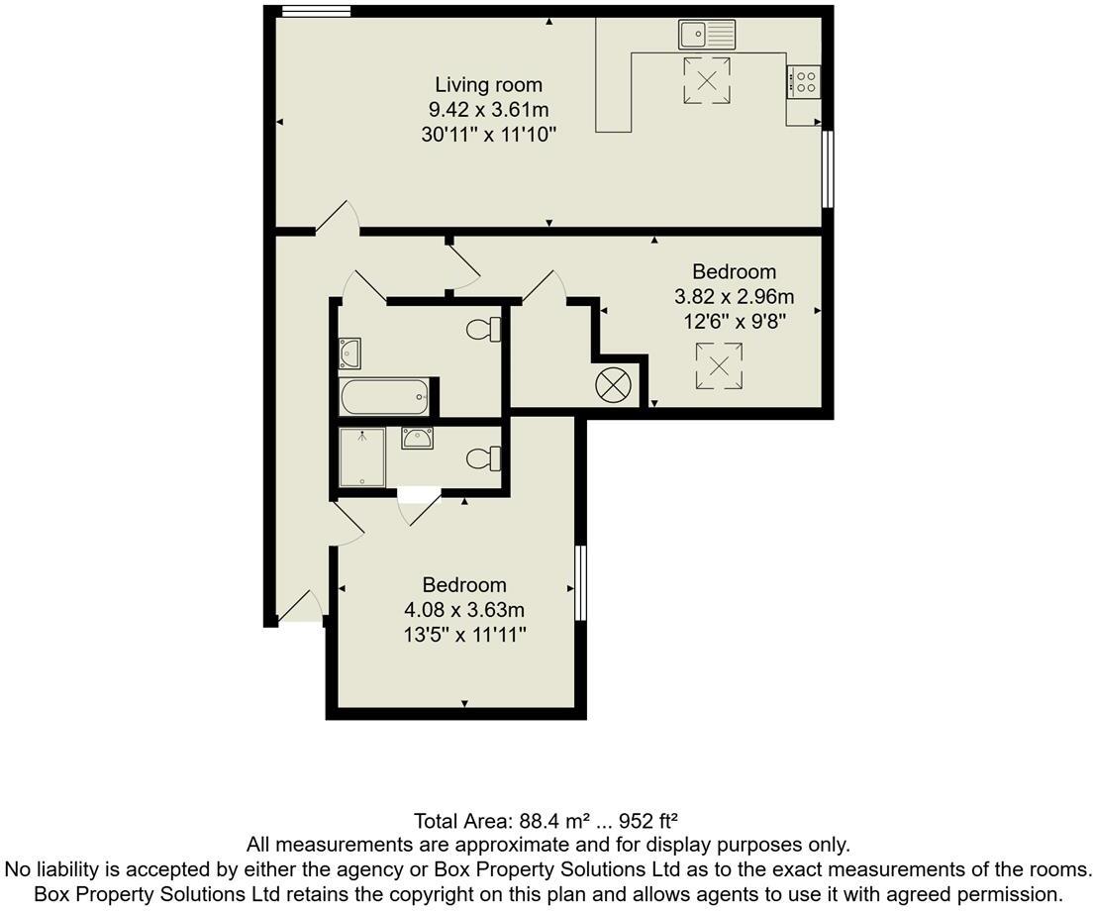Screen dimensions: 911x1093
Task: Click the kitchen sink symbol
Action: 707,35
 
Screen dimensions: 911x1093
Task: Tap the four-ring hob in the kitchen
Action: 804,81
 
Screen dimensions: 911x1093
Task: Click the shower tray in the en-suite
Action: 362,456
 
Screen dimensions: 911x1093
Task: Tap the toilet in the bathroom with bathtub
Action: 485,330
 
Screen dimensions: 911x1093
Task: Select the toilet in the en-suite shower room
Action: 484,458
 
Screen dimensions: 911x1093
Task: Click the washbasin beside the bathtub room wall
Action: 349,353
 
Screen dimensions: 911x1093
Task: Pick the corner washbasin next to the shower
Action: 417,437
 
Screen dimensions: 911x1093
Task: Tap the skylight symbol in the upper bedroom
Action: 719,365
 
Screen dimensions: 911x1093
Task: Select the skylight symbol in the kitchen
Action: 707,80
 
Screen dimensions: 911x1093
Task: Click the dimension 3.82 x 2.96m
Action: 734,296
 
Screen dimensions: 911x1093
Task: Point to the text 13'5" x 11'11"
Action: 464,634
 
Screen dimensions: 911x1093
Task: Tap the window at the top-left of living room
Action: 316,12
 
